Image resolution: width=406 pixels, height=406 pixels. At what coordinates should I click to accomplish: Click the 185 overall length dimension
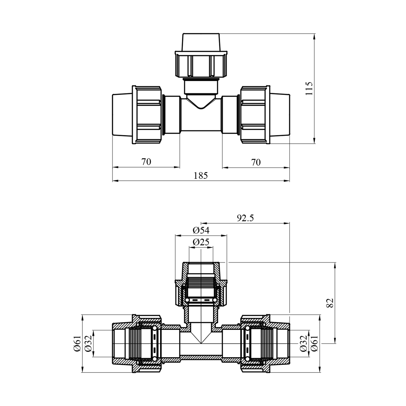point(201,176)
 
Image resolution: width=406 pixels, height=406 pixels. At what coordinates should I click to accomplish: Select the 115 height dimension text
point(309,88)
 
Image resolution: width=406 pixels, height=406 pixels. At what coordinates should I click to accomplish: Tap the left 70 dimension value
point(146,162)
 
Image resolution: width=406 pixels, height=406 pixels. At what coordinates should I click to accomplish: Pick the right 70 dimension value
point(256,162)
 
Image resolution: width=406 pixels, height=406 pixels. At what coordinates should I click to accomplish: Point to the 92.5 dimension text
point(245,218)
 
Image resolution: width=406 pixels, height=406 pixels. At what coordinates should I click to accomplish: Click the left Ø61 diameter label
point(77,343)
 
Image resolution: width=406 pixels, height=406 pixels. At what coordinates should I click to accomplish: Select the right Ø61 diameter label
point(315,343)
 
